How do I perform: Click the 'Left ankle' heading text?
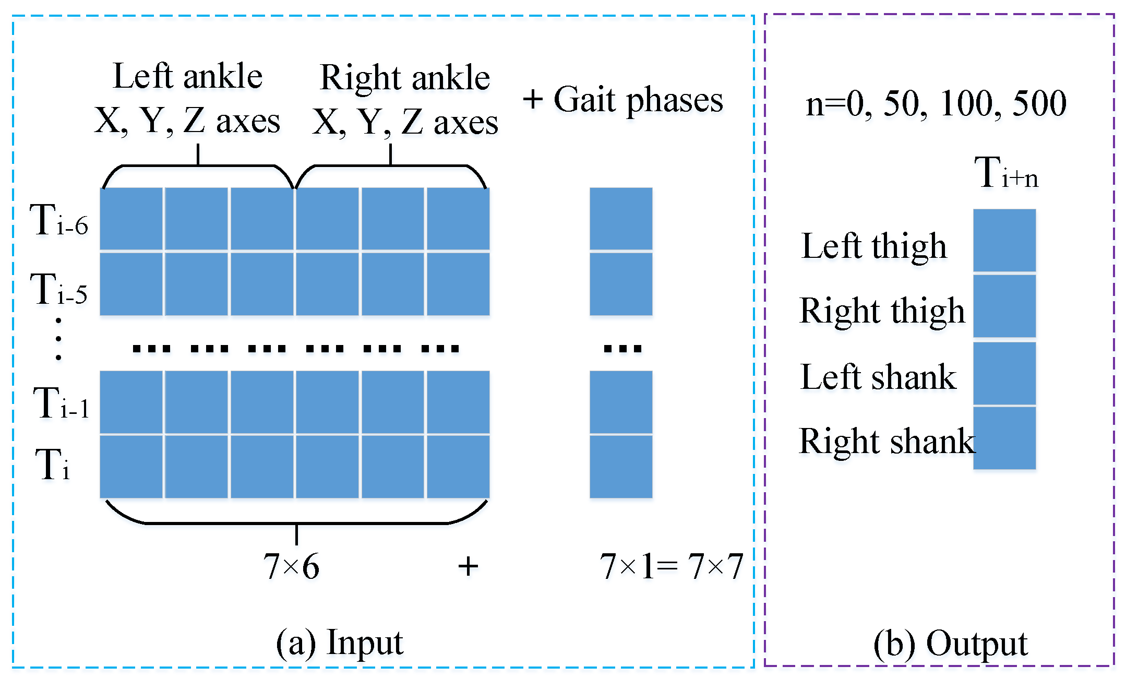187,76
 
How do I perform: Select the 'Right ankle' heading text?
405,78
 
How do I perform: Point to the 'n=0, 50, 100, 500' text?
936,103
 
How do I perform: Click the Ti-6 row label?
59,220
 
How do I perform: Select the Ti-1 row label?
61,403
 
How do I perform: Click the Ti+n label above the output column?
1005,173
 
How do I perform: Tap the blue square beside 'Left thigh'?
1004,240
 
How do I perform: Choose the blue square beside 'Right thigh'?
1004,306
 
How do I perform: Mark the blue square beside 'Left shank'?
1004,373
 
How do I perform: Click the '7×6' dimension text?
291,567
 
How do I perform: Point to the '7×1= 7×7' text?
671,567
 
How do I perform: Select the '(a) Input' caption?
339,643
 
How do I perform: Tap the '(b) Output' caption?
950,644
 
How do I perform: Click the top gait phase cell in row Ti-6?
621,219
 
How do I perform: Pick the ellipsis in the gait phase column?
622,348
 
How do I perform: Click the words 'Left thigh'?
874,246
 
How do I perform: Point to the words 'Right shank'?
887,442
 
